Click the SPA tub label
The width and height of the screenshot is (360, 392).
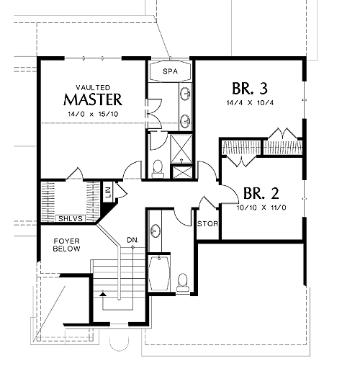click(170, 71)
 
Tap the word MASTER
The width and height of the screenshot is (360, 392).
click(93, 99)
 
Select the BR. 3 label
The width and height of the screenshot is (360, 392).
click(250, 89)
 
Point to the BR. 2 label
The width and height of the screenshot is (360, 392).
click(261, 193)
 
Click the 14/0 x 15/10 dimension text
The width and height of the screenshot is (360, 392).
click(93, 115)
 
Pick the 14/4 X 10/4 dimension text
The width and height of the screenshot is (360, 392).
click(250, 103)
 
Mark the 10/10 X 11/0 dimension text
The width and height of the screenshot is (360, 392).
click(261, 208)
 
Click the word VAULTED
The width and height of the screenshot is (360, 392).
click(93, 87)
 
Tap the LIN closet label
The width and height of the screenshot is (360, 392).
click(108, 192)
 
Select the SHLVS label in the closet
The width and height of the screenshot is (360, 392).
click(71, 219)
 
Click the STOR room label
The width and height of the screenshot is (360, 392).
click(207, 224)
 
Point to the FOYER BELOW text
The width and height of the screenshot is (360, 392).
click(66, 245)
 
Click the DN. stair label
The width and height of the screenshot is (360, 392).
click(132, 240)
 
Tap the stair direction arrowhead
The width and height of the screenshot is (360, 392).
click(103, 294)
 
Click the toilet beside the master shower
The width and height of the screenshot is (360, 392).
click(158, 169)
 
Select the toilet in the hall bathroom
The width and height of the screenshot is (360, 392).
click(183, 282)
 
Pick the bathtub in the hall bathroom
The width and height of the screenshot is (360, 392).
click(159, 273)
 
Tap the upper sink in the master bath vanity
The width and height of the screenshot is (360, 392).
click(185, 94)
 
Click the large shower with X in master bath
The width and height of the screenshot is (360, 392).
click(181, 148)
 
